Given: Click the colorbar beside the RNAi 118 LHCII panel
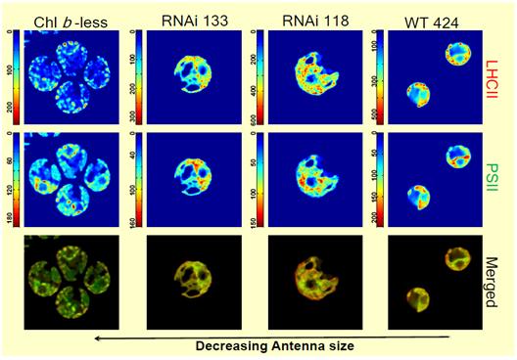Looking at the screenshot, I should (257, 76).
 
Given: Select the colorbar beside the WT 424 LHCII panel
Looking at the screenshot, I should (377, 76).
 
